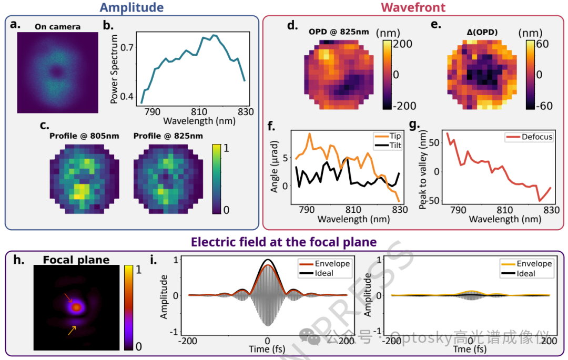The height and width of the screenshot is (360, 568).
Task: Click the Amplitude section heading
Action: [131, 7]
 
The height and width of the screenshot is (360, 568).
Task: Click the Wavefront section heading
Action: [413, 7]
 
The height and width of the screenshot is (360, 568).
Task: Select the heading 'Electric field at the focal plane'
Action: [284, 242]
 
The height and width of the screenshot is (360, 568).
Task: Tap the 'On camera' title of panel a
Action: [57, 27]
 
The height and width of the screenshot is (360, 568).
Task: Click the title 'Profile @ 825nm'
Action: [168, 136]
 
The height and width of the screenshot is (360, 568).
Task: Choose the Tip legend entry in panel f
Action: [395, 136]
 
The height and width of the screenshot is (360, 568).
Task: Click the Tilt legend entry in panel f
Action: [395, 145]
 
